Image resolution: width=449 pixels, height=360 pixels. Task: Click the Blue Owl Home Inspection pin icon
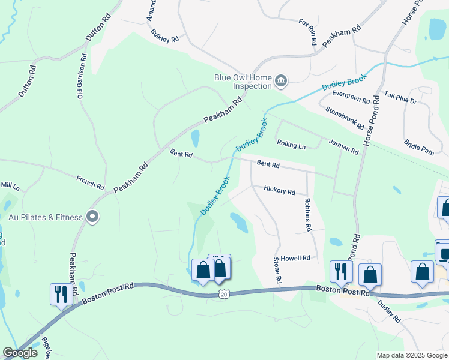click(280, 81)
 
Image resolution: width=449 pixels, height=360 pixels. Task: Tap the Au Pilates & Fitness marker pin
click(92, 217)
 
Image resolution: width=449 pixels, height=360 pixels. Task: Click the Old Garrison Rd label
click(80, 76)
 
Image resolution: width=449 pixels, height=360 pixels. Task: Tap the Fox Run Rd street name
click(307, 31)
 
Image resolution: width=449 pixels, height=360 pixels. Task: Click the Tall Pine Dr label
click(400, 98)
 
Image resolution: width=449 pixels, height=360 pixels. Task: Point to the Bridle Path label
click(418, 148)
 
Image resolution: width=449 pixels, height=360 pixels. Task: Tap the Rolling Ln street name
click(291, 145)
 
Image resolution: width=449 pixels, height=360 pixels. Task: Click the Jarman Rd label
click(343, 146)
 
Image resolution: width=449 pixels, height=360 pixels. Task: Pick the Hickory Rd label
click(279, 190)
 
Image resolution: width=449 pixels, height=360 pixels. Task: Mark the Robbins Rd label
click(308, 215)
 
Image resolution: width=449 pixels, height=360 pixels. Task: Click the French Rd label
click(91, 181)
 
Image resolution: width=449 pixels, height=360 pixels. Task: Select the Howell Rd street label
click(295, 257)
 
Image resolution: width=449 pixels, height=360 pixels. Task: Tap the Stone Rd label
click(277, 271)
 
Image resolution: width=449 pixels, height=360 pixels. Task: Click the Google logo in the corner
click(20, 353)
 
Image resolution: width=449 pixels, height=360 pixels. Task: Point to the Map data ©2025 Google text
click(411, 355)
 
